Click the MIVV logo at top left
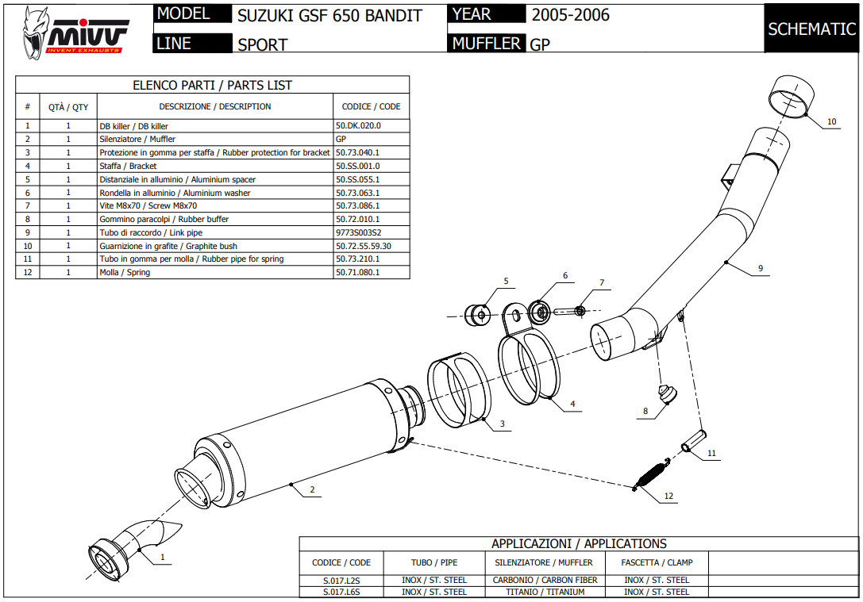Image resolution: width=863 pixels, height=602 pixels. [x=74, y=32]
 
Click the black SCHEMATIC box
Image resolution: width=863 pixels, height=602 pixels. [x=811, y=29]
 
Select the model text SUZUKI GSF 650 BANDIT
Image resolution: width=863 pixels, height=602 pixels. [x=329, y=16]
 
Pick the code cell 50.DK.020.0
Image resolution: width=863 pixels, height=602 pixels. [x=358, y=126]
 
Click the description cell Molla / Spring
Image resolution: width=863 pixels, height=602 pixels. [x=125, y=272]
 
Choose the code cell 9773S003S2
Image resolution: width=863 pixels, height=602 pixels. [x=358, y=232]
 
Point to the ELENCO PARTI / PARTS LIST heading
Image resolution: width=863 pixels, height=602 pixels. [x=212, y=85]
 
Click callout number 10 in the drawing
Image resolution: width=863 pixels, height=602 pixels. [x=831, y=122]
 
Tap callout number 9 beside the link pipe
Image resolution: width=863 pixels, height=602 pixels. [x=760, y=269]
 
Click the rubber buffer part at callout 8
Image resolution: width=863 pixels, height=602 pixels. [x=665, y=393]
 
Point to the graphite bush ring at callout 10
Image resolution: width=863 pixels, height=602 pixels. [x=792, y=98]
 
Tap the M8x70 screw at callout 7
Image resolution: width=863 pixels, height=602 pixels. [x=571, y=310]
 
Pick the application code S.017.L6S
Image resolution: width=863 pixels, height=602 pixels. [x=341, y=592]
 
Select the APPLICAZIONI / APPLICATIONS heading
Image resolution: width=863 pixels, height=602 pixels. [x=579, y=544]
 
